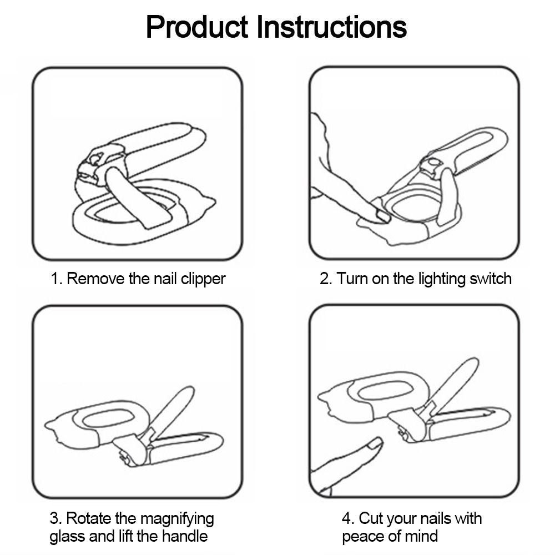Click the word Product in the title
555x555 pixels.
click(198, 27)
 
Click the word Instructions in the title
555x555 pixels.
click(331, 27)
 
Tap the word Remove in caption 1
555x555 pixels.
click(95, 278)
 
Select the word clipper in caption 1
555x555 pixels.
click(203, 278)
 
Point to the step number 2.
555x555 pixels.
click(325, 278)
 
